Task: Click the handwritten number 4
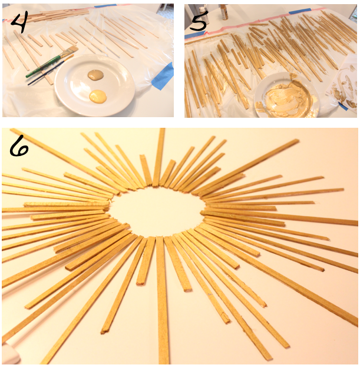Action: [19, 22]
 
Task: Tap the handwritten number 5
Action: [199, 20]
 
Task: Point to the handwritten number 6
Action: [18, 146]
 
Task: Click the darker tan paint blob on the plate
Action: [96, 74]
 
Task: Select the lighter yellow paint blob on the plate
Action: [98, 96]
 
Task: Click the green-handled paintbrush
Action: [52, 62]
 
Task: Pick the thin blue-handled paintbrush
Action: [51, 69]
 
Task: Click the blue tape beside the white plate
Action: [163, 77]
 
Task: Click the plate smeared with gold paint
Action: [286, 95]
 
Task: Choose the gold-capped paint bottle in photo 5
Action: [224, 12]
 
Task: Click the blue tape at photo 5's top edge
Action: [300, 11]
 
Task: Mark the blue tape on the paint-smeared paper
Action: [344, 107]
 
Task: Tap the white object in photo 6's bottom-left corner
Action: [10, 354]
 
